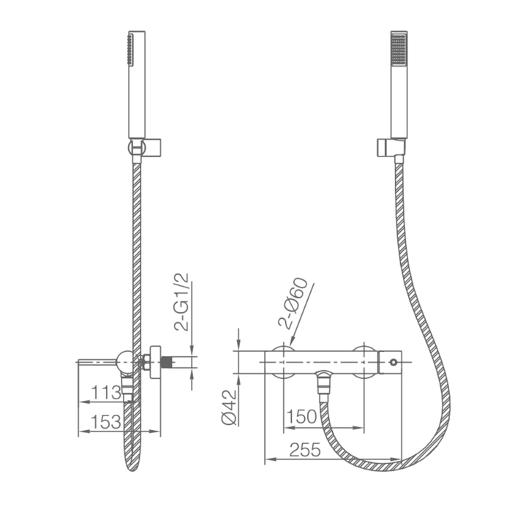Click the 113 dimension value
101,393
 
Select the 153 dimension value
101,422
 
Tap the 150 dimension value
301,416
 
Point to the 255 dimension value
301,451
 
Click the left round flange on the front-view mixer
282,361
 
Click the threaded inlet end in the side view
172,361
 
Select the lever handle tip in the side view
80,361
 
